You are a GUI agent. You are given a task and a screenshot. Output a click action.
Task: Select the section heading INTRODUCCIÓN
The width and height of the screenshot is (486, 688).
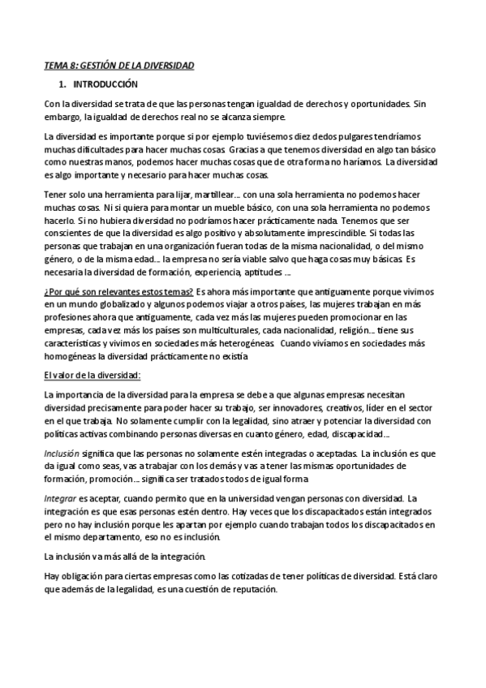tap(105, 84)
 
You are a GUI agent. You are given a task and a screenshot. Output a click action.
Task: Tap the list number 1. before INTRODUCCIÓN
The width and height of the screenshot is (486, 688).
tap(63, 84)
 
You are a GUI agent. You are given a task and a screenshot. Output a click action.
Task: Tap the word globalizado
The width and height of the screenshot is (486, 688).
tap(109, 304)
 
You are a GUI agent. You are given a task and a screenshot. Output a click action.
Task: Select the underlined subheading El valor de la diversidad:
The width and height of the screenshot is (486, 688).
tap(92, 375)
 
